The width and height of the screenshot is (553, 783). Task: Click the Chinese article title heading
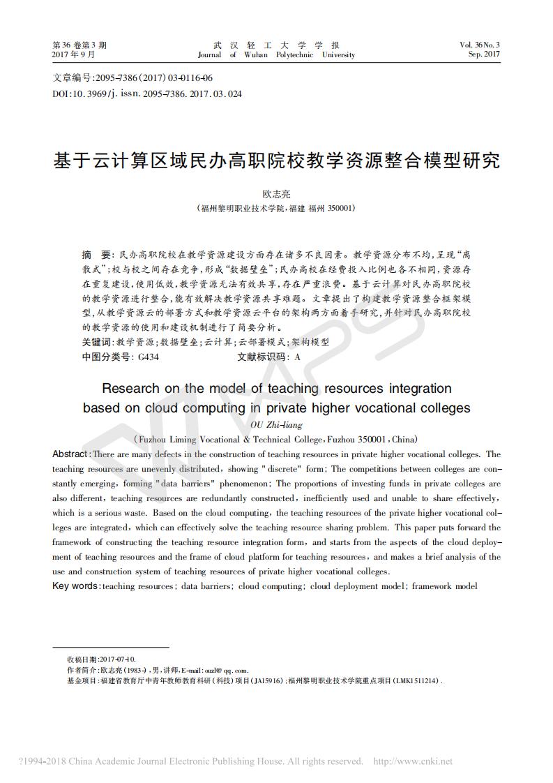click(276, 161)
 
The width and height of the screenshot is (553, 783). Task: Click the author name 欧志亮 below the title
click(276, 194)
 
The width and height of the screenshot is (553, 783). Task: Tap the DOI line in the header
click(147, 93)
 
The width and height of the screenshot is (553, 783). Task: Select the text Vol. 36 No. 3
click(480, 45)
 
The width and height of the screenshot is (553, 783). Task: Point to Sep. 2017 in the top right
click(484, 54)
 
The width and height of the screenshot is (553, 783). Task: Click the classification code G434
click(148, 357)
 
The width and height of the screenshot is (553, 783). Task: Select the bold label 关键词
click(97, 343)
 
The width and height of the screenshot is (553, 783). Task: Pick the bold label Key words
click(75, 586)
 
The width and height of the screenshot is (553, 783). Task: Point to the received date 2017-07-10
click(118, 659)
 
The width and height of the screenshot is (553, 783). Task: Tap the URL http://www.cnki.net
click(413, 761)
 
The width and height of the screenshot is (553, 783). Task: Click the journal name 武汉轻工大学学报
click(276, 45)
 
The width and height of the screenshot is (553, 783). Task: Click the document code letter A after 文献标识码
click(298, 357)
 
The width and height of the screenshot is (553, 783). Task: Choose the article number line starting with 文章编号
click(133, 78)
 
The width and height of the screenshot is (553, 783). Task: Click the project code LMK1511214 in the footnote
click(417, 680)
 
